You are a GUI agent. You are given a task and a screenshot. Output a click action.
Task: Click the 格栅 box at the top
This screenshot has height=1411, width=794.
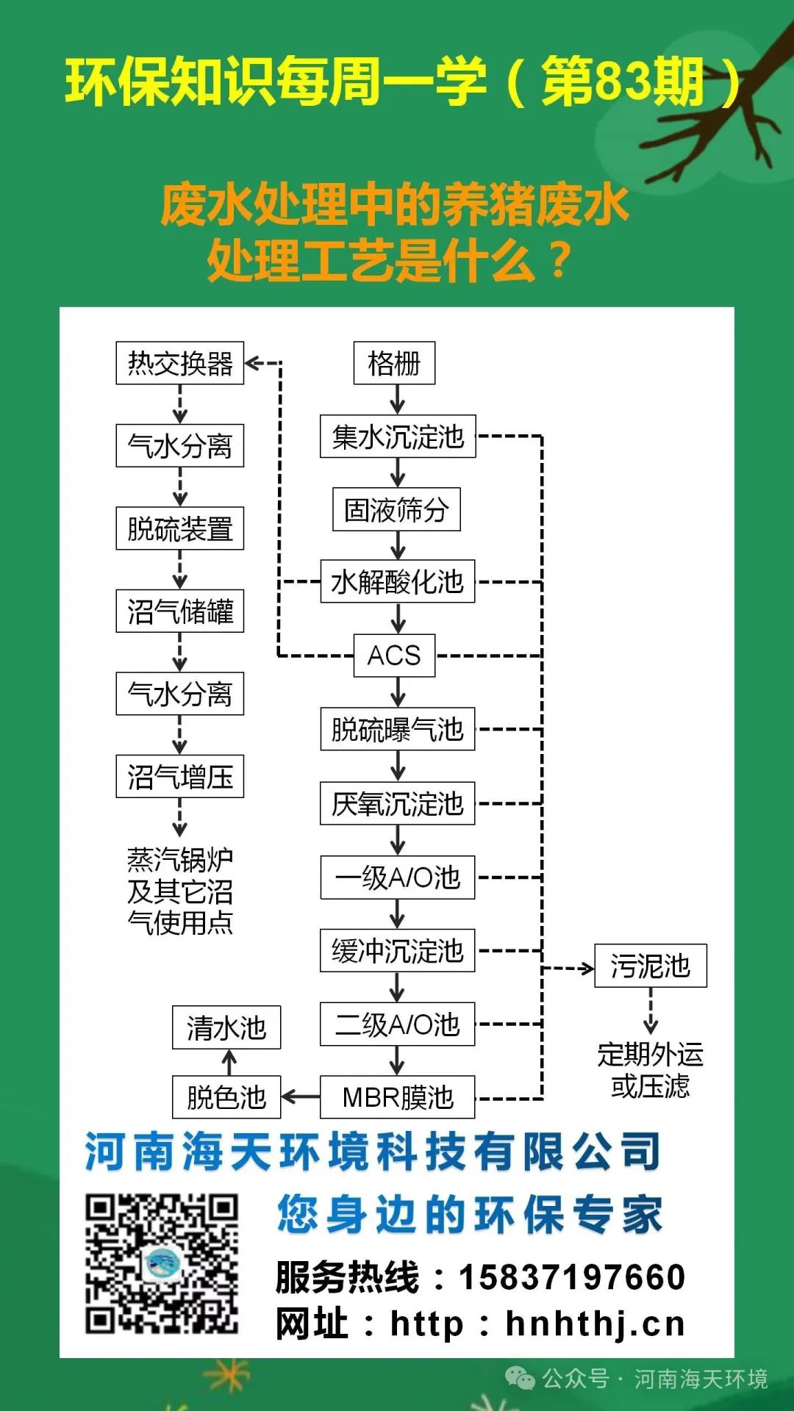click(x=394, y=363)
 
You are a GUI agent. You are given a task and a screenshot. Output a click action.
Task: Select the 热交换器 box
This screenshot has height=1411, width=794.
click(x=179, y=363)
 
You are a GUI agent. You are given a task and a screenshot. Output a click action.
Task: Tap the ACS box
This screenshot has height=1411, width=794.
click(x=394, y=655)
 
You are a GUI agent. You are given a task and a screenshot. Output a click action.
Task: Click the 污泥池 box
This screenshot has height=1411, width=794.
click(x=650, y=966)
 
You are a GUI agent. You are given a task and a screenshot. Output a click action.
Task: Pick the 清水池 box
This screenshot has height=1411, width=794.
click(x=226, y=1027)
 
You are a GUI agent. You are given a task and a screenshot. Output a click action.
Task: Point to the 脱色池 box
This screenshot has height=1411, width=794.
click(x=226, y=1097)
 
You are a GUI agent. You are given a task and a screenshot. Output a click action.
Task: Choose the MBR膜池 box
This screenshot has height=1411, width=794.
click(x=397, y=1097)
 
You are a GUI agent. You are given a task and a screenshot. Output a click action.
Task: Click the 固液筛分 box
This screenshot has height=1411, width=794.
click(x=396, y=509)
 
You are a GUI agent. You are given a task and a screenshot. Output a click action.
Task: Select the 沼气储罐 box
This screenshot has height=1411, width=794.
click(x=179, y=611)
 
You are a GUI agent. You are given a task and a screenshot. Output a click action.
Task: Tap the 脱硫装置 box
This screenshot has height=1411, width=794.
click(x=179, y=528)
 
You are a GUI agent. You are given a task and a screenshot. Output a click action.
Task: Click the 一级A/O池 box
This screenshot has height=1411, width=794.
click(x=397, y=877)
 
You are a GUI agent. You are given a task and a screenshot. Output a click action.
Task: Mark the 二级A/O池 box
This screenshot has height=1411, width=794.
click(x=397, y=1024)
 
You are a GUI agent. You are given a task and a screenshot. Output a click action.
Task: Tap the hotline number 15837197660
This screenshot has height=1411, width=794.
click(x=572, y=1277)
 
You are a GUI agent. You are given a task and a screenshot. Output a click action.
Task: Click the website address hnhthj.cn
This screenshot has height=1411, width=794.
click(x=595, y=1324)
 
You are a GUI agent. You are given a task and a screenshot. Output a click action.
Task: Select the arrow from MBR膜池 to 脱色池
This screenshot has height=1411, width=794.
click(x=300, y=1097)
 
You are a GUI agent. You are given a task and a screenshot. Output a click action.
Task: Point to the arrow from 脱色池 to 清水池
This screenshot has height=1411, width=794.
click(x=229, y=1063)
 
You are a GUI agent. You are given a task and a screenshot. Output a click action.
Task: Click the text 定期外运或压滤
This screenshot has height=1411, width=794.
click(x=650, y=1070)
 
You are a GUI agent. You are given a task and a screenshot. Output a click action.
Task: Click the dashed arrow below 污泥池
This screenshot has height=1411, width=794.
click(x=650, y=1011)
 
